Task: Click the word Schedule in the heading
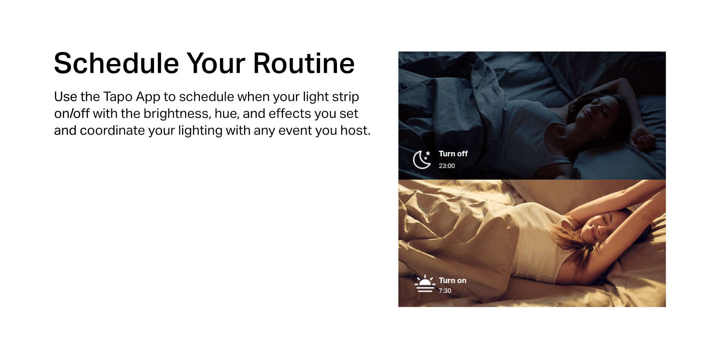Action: click(116, 63)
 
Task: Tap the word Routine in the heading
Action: click(304, 63)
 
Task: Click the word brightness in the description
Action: click(176, 114)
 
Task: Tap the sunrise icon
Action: click(425, 284)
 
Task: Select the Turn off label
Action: click(453, 154)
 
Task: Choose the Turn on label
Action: click(453, 280)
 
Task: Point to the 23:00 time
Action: click(447, 166)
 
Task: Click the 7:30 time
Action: click(445, 291)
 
